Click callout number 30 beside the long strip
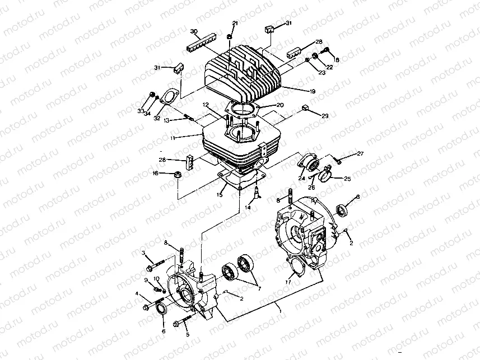pyautogui.click(x=194, y=31)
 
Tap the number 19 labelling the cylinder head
pyautogui.click(x=312, y=91)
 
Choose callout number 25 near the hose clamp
pyautogui.click(x=347, y=179)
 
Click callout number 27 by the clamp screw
pyautogui.click(x=360, y=153)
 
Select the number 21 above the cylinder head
pyautogui.click(x=235, y=23)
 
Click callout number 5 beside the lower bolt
pyautogui.click(x=188, y=335)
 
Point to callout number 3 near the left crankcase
pyautogui.click(x=143, y=254)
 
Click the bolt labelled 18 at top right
pyautogui.click(x=325, y=55)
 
